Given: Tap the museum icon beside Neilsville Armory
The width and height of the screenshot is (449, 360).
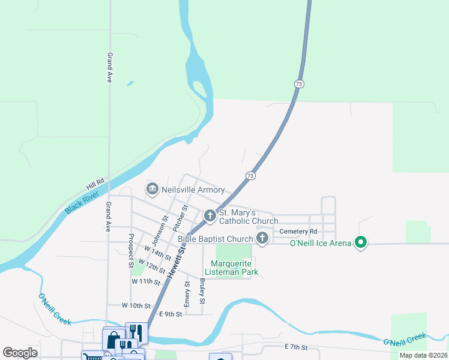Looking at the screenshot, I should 152,190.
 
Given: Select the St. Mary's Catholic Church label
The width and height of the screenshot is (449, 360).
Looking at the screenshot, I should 248,217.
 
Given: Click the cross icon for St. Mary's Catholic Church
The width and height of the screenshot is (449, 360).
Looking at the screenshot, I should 210,215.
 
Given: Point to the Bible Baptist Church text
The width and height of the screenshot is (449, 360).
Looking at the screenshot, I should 215,239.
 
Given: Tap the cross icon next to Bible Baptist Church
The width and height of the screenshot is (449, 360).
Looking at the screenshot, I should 262,239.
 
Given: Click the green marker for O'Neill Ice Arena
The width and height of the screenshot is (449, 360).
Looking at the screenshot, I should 361,243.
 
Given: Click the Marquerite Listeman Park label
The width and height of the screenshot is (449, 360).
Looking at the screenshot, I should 235,268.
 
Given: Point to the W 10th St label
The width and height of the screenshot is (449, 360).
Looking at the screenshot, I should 134,305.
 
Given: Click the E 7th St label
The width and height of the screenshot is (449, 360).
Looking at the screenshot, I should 296,347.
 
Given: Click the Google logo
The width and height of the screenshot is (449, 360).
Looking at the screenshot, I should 20,353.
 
